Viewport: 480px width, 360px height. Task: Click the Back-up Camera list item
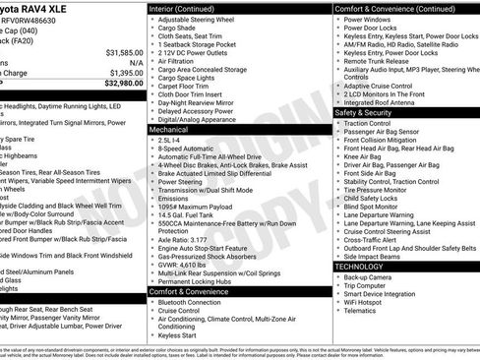(x=373, y=277)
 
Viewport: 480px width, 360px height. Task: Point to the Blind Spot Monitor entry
(x=375, y=206)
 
